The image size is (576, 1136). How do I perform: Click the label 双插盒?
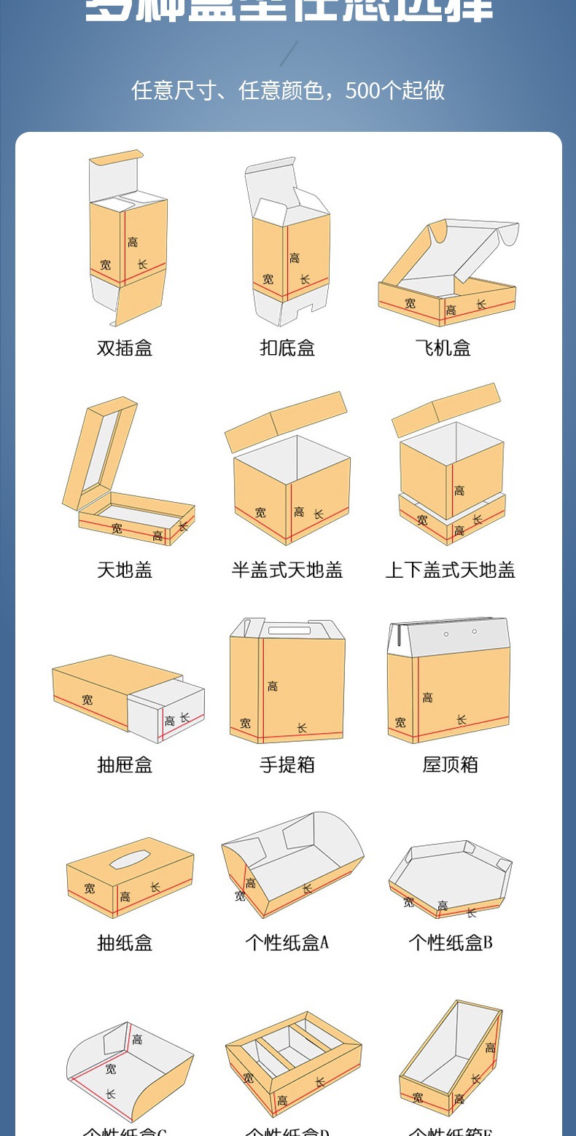point(125,348)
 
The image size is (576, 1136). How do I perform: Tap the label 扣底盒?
point(287,348)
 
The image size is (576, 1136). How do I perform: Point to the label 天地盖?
point(125,570)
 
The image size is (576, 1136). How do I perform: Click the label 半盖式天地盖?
point(287,570)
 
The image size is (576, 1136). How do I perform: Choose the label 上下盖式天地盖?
point(450,570)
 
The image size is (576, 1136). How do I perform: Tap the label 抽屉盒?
point(125,764)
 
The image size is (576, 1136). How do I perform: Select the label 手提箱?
point(287,764)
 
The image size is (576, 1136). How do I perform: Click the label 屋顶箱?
point(450,764)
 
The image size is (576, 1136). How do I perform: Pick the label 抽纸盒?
point(125,942)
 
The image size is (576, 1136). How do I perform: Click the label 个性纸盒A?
point(287,942)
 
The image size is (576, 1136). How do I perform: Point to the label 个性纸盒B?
point(450,942)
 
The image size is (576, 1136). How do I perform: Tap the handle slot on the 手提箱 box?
point(289,630)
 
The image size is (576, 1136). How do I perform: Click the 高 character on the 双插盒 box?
point(133,242)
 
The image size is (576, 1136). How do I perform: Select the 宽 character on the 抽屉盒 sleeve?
point(87,700)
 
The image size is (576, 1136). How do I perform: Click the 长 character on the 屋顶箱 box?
point(461,720)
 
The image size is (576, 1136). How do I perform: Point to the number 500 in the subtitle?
point(362,90)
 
